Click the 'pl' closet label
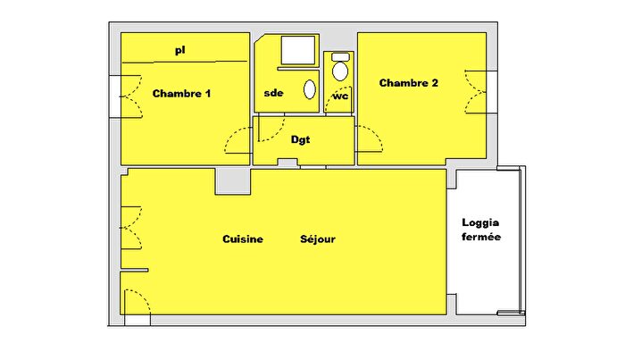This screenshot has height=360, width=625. click(x=179, y=51)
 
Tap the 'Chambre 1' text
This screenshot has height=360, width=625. click(x=181, y=93)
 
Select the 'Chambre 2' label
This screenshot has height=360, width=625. click(x=409, y=83)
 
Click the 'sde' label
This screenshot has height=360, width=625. click(x=273, y=93)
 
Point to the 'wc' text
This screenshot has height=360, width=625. click(x=340, y=96)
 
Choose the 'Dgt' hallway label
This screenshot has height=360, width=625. click(x=301, y=139)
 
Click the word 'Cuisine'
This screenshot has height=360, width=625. click(x=243, y=239)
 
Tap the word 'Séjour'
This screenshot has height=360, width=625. click(x=318, y=239)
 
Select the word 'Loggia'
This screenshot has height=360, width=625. click(x=481, y=222)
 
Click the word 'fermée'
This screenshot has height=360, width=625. click(x=481, y=238)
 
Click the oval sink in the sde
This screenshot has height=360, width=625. click(x=310, y=88)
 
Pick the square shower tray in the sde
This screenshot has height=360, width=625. click(x=297, y=52)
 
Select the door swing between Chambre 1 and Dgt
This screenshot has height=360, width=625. click(x=239, y=141)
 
